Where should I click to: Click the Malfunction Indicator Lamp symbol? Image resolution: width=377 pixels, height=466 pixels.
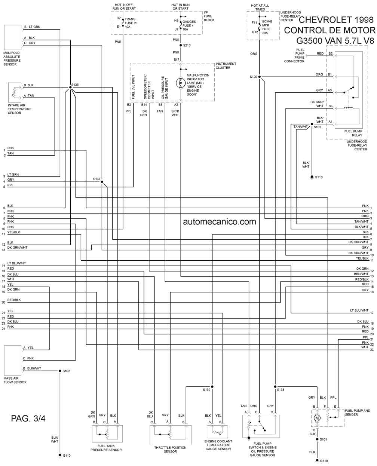pos(181,83)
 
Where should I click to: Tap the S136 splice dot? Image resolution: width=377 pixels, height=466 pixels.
pos(70,87)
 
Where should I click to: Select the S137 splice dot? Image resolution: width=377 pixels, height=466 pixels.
pos(102,182)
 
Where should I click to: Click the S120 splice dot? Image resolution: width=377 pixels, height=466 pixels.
pos(259,77)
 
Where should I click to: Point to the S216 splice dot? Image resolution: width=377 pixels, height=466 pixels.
pos(181,45)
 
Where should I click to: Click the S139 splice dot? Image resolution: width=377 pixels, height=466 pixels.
pos(212,387)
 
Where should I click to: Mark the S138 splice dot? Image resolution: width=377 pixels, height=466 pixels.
pos(275,387)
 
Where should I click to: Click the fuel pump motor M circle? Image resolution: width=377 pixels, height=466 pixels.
pos(317,418)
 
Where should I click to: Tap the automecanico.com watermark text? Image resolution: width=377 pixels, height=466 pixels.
pos(220,222)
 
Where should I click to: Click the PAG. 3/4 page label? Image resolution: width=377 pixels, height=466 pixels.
pos(28,418)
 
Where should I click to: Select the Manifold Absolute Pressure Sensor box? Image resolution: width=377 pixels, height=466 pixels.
pos(12,37)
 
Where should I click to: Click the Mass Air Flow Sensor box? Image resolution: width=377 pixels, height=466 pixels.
pos(12,360)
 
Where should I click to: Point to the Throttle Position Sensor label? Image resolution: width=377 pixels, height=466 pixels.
pos(170,450)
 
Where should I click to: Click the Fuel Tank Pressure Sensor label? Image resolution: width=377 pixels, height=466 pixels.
pos(106,448)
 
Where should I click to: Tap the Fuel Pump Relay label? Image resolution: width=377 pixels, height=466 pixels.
pos(353,133)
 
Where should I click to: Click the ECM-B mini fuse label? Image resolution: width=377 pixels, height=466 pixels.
pos(267,27)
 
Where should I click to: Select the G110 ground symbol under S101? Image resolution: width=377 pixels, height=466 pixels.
pos(317,460)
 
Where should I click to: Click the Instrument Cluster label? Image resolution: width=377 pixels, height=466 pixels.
pos(226,65)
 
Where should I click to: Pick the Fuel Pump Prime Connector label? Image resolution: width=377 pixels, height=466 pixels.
pos(294,56)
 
